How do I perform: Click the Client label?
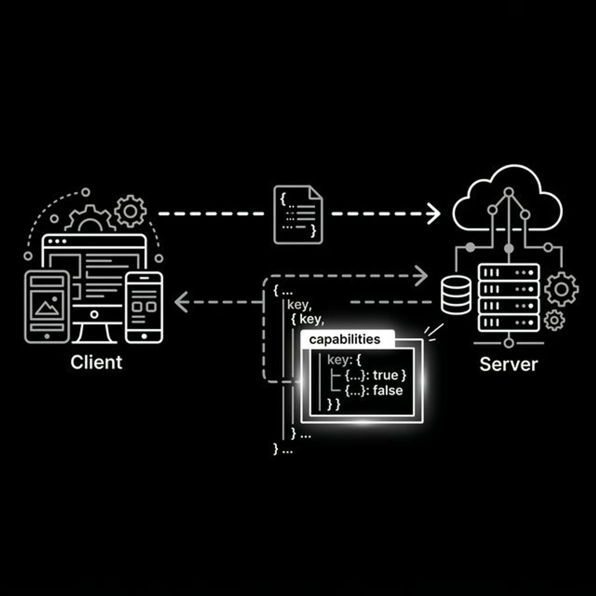tap(97, 362)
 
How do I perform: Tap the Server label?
tap(508, 364)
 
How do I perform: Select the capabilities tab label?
tap(345, 339)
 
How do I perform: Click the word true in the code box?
tap(385, 375)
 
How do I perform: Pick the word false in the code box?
tap(388, 391)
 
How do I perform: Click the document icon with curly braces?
tap(298, 214)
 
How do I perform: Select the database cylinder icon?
tap(456, 295)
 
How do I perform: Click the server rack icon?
tap(508, 297)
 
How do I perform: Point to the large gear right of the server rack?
tap(562, 289)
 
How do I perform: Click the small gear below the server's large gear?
tap(554, 320)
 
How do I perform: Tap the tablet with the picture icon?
tap(47, 306)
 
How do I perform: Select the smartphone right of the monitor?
tap(144, 307)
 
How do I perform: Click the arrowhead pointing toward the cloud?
tap(434, 214)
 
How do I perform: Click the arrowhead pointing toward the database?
tap(423, 275)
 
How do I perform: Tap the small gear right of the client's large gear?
tap(130, 211)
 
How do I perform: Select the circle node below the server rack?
tap(509, 343)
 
